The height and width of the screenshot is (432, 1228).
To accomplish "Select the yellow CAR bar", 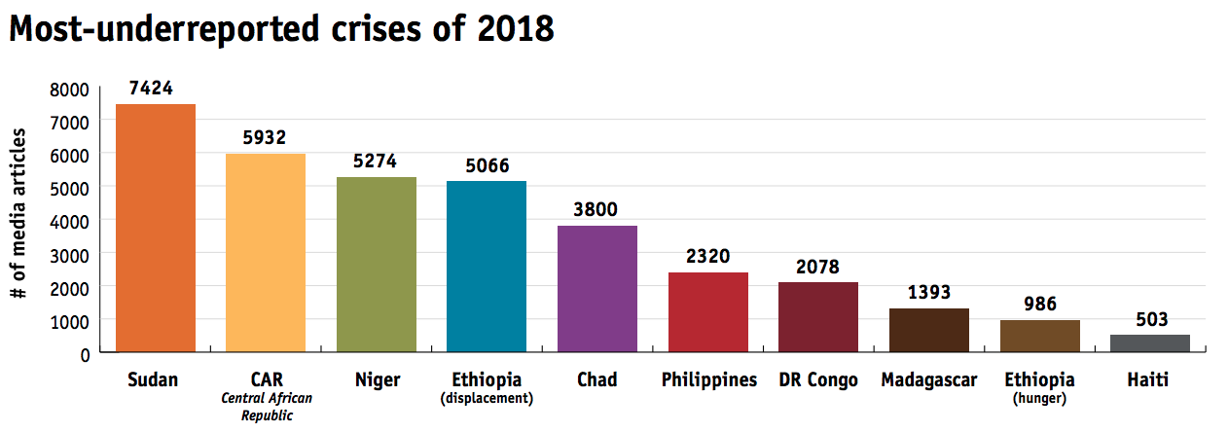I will pos(266,252).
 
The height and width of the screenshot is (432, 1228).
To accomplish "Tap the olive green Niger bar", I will pos(376,264).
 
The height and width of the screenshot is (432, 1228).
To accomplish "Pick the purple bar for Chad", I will pos(596,288).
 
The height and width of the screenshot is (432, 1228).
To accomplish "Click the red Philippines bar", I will pos(707,311).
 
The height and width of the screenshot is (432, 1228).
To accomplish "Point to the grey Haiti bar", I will pos(1149,342).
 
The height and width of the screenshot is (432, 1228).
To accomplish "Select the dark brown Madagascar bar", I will pos(928,329).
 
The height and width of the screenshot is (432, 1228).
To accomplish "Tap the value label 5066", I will pos(487,165).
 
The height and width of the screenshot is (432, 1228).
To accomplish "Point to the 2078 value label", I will pos(817,267).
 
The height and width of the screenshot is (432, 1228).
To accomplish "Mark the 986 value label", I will pos(1039,305).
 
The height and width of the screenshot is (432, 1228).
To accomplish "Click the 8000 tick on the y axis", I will pos(70,90).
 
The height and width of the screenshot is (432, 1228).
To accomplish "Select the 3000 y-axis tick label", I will pos(70,255).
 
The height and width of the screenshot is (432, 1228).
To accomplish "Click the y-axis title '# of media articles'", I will pos(20,212).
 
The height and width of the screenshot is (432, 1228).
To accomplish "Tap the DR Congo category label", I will pos(818,379).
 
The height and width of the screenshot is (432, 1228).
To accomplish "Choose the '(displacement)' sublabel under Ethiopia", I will pos(487,398).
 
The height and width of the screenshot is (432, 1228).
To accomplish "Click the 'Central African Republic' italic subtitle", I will pos(266,406).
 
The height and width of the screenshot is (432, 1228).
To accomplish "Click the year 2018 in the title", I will pos(517,29).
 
